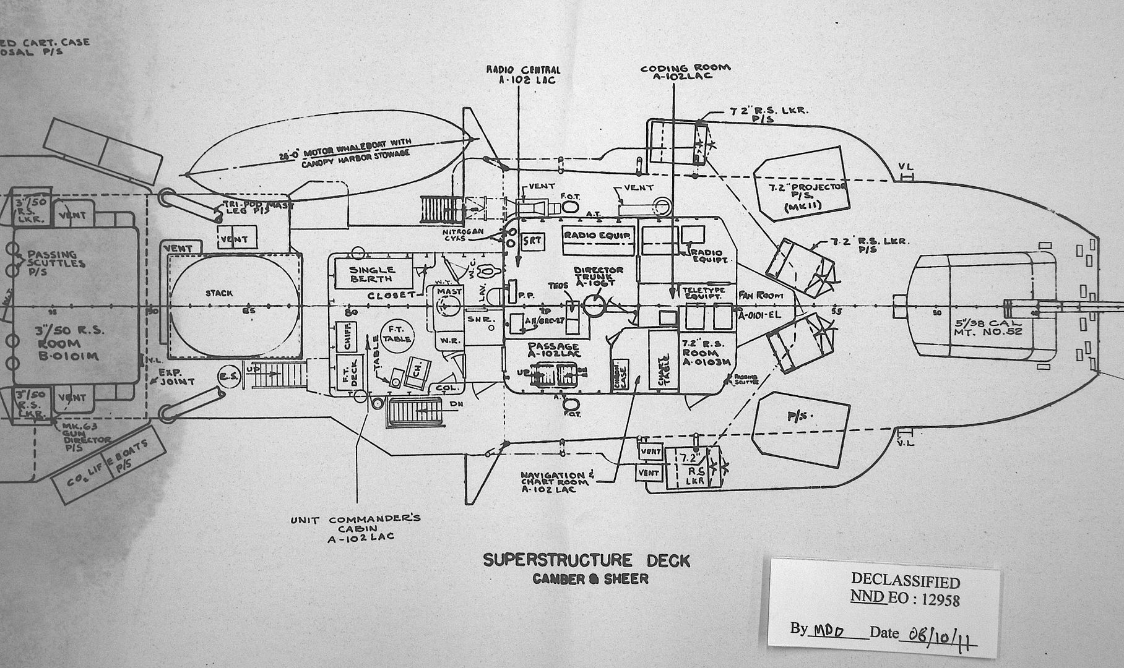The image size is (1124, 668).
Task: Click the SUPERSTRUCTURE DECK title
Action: (586, 560)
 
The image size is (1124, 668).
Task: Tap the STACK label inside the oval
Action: (220, 293)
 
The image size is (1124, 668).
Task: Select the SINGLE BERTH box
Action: (372, 274)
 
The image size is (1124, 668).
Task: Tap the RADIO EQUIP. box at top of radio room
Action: (597, 236)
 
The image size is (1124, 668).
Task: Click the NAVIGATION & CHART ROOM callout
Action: (557, 482)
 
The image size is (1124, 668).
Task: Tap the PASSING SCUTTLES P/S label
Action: (56, 259)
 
